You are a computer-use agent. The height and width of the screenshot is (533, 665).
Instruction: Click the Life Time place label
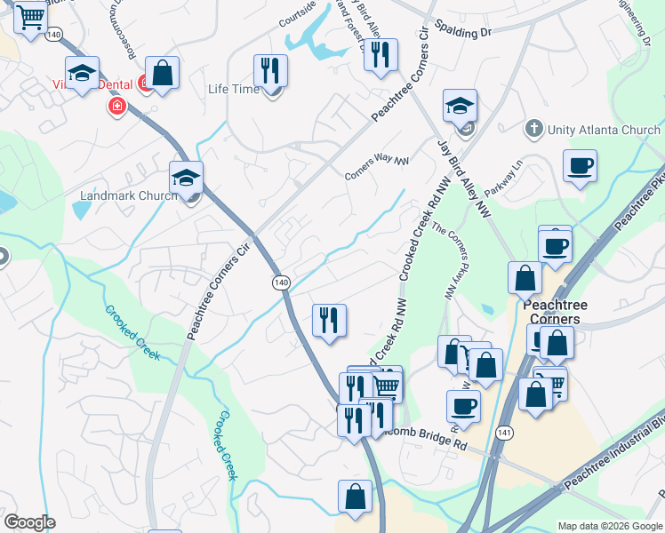click(233, 89)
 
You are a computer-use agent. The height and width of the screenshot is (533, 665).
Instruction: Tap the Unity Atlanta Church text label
click(604, 130)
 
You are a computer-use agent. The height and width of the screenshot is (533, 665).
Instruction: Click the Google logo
click(29, 522)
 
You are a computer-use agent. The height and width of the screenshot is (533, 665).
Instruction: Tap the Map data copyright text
click(610, 526)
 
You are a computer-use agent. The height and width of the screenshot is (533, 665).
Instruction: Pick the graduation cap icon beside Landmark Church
click(187, 177)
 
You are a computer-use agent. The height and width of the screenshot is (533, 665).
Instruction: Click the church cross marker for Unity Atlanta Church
click(533, 130)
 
